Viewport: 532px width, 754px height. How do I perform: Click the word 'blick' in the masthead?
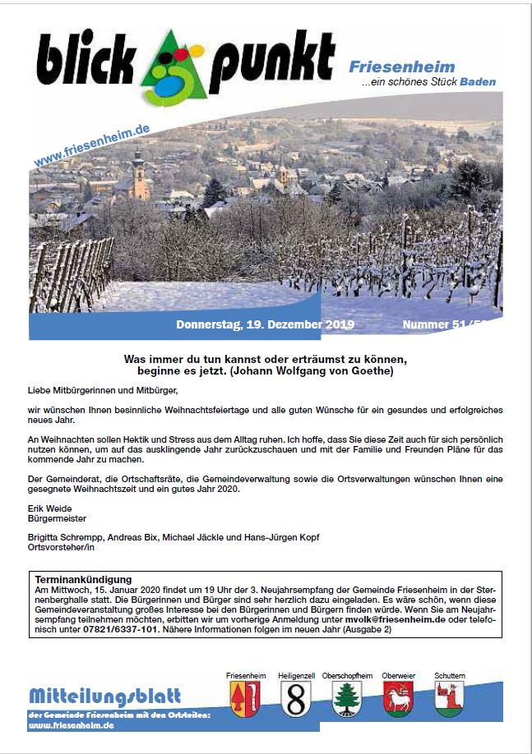(x=82, y=62)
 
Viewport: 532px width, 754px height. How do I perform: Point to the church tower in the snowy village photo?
(x=141, y=175)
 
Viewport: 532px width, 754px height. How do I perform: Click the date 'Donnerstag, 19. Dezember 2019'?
(x=265, y=325)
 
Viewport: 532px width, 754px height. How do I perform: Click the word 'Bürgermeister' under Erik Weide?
(x=57, y=518)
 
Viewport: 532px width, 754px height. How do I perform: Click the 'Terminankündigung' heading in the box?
(x=83, y=580)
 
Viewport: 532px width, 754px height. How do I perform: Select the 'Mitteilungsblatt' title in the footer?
(x=104, y=696)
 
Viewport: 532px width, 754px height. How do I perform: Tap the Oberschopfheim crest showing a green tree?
(x=347, y=701)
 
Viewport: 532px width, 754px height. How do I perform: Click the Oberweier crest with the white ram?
(x=399, y=701)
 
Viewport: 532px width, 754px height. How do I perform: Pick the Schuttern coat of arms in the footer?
(x=450, y=701)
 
